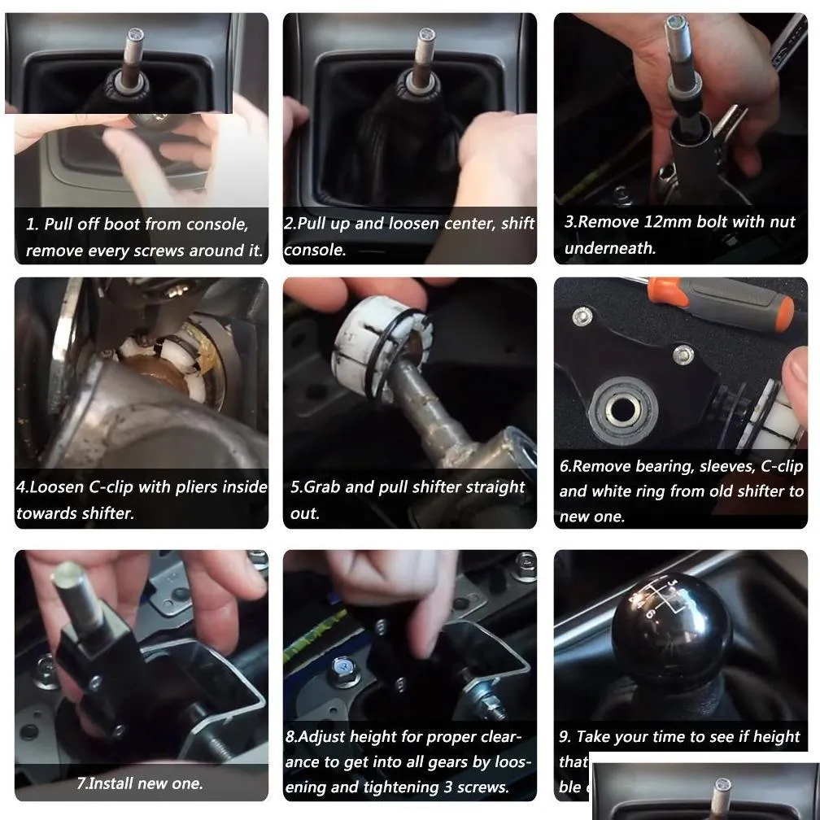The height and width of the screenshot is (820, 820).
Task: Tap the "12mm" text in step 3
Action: (682, 221)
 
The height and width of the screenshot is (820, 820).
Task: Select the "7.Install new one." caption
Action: (139, 783)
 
